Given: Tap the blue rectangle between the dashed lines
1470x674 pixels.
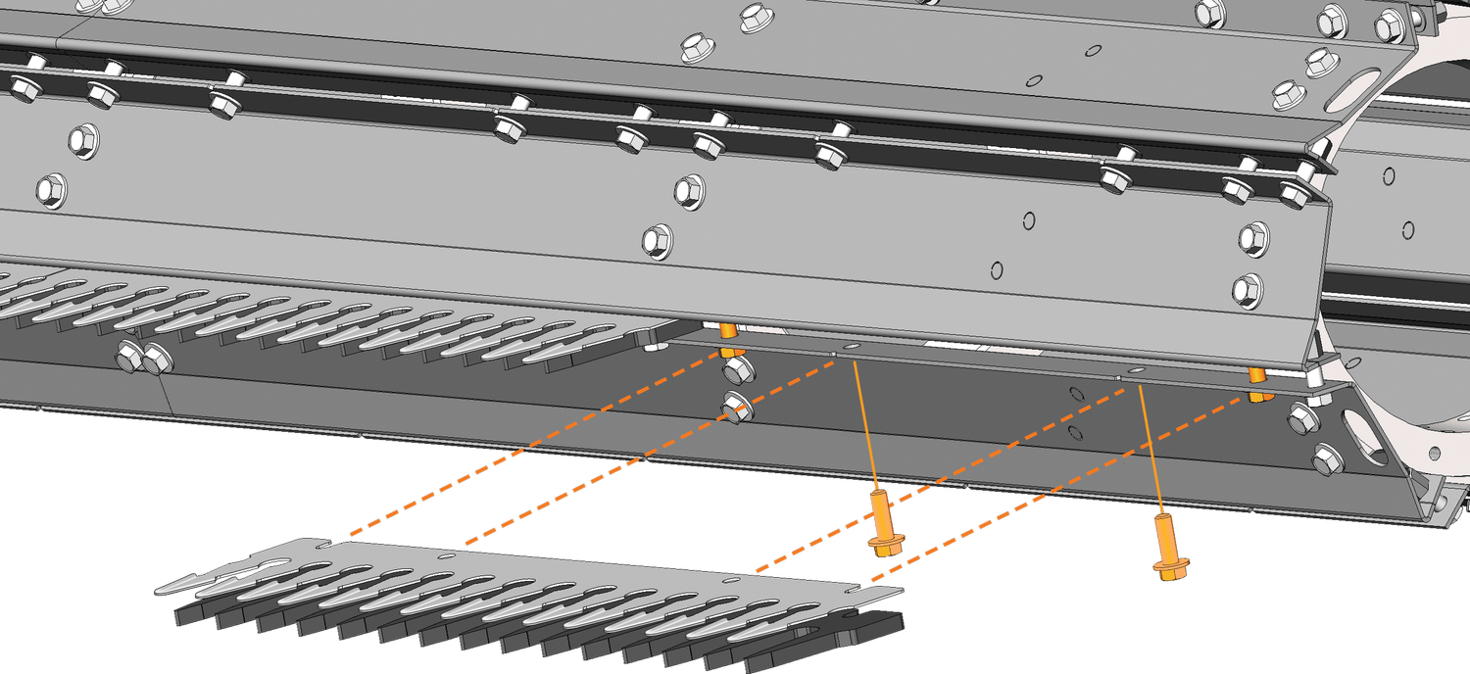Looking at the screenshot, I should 503,500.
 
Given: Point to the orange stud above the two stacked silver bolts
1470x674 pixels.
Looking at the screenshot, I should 729,332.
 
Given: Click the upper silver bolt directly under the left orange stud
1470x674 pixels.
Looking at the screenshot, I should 737,369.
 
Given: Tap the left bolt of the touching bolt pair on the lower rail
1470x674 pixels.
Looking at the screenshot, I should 127,357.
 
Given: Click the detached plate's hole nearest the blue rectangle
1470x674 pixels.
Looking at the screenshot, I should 445,555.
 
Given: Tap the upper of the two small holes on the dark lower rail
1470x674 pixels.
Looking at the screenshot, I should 1077,395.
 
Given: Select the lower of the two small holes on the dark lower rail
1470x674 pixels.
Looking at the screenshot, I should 1075,431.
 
